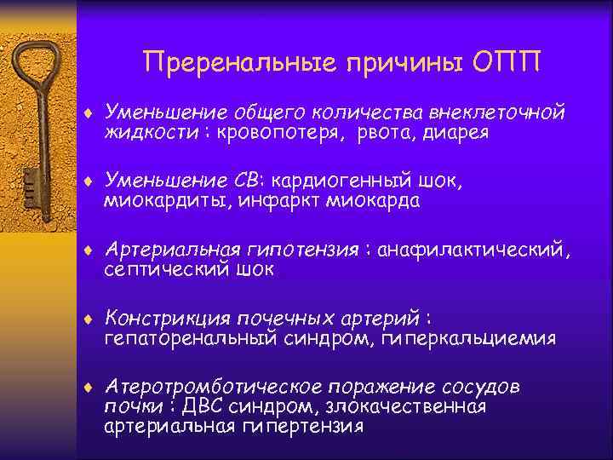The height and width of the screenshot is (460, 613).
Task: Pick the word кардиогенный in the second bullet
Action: coord(355,180)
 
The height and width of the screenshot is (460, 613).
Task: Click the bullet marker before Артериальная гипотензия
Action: coord(89,250)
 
